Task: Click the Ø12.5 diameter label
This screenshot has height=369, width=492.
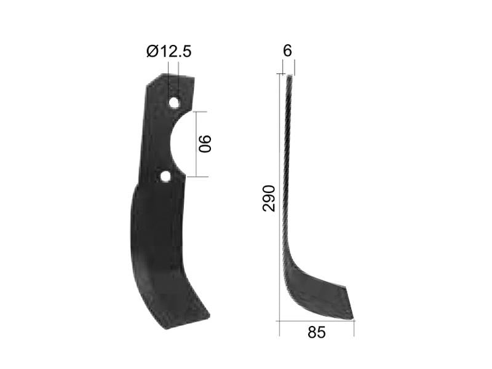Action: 169,52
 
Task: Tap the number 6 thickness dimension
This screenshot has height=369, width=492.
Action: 287,52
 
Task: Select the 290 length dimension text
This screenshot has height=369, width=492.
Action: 269,197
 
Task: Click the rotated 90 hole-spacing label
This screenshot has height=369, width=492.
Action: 205,144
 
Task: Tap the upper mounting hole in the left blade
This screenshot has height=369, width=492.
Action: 175,102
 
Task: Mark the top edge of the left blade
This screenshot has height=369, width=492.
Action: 178,76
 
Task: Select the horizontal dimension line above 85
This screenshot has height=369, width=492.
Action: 316,320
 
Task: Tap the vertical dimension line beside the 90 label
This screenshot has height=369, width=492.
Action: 196,144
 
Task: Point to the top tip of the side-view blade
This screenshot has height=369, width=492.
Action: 289,75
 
